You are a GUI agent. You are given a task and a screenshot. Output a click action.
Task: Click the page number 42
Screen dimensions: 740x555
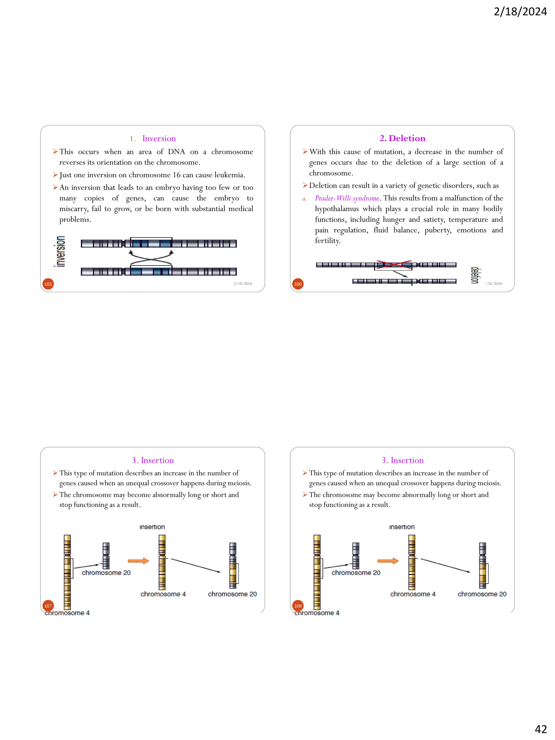(540, 729)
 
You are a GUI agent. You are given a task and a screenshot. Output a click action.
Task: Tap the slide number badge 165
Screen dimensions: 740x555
(48, 284)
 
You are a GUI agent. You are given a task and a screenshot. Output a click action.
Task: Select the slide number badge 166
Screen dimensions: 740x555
(298, 284)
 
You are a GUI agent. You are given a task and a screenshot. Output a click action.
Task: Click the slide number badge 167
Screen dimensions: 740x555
(48, 606)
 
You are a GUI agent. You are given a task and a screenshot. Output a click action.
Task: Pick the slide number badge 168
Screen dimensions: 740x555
(298, 606)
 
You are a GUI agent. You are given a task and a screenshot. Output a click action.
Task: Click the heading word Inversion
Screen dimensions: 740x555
(159, 138)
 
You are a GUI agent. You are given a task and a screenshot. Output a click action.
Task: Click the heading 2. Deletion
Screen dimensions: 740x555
(402, 138)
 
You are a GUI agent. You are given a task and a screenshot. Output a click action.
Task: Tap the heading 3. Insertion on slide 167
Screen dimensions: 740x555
(153, 460)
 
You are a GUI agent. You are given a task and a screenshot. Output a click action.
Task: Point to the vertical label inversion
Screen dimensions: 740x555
(60, 251)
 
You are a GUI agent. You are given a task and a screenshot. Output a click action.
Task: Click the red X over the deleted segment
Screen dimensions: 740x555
(394, 265)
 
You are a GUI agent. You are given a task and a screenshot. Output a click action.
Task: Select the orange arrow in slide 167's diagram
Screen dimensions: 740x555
(138, 561)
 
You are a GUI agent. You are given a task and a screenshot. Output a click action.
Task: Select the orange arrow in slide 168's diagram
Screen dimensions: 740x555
(388, 561)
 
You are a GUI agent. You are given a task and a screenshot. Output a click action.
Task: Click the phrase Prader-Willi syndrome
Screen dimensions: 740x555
(347, 198)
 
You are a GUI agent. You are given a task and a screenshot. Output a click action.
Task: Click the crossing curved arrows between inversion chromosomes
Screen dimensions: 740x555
(151, 258)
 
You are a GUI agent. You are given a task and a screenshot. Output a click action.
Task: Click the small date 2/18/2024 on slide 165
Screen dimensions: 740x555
(243, 284)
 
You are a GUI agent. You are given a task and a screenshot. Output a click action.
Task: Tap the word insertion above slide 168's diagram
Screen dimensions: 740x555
(402, 527)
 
